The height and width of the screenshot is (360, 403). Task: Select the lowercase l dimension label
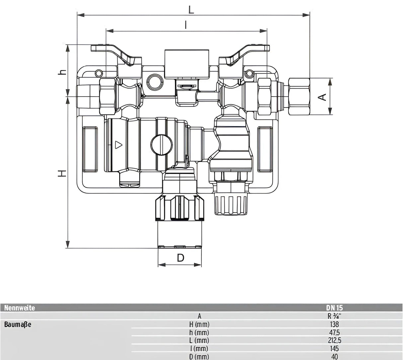[186, 25]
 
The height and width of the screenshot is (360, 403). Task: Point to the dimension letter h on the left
[62, 72]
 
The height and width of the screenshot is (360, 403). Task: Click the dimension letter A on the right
[322, 97]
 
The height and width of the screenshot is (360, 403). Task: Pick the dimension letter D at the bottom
[180, 258]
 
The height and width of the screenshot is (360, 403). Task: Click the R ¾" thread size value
[334, 316]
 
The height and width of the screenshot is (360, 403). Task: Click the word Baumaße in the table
[18, 324]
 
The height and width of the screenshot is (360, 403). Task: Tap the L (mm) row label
[200, 340]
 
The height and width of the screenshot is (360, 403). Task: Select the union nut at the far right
[299, 96]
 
